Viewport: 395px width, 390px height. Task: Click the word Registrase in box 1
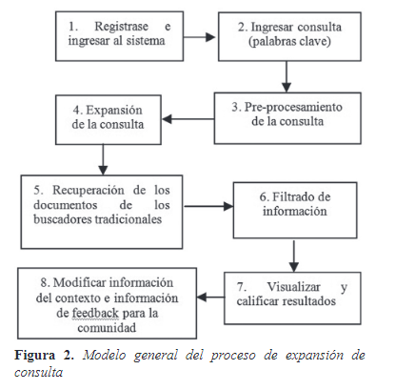click(x=121, y=27)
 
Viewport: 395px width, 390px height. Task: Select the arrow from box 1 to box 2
click(x=199, y=37)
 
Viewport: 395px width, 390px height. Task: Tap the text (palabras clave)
click(x=289, y=42)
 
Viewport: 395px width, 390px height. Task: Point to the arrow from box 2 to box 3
click(x=286, y=76)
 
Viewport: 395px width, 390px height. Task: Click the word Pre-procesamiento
click(x=293, y=107)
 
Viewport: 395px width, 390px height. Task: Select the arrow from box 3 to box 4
click(x=188, y=119)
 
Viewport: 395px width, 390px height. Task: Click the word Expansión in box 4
click(x=114, y=111)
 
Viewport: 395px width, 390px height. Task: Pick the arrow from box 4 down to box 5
click(x=103, y=159)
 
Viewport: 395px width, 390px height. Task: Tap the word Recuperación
click(x=89, y=190)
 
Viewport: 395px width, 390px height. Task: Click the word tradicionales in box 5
click(x=127, y=219)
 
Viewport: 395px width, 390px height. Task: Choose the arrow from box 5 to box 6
click(x=208, y=206)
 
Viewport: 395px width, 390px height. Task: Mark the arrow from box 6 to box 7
click(x=294, y=256)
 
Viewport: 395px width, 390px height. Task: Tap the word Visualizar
click(x=293, y=287)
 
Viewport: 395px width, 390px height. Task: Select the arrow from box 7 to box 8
click(x=210, y=298)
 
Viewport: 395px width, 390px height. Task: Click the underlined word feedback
click(x=95, y=313)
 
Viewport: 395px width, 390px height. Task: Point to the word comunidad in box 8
click(x=107, y=328)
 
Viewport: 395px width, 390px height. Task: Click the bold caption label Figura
click(x=35, y=356)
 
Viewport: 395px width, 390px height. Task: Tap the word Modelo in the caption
click(x=105, y=355)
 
